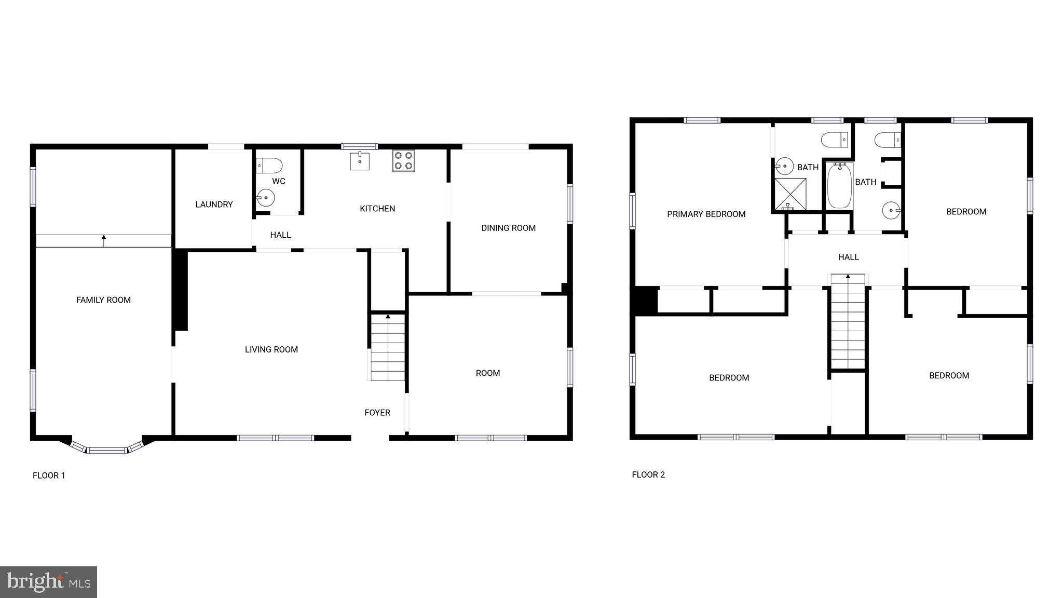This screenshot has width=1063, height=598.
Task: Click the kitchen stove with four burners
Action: click(403, 160)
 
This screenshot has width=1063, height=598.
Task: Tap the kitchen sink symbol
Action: click(360, 161)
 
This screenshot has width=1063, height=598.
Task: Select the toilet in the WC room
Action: click(269, 166)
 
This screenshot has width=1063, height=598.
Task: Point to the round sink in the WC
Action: click(266, 198)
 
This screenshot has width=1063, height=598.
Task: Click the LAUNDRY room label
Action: click(214, 205)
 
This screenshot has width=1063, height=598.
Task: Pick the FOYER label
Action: click(377, 413)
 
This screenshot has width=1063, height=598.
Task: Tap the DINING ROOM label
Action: click(508, 228)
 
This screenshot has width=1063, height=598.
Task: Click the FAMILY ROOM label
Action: click(103, 300)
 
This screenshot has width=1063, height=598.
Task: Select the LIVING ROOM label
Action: click(271, 350)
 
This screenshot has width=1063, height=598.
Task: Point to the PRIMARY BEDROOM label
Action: click(706, 214)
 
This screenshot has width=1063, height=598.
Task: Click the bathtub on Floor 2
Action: click(839, 186)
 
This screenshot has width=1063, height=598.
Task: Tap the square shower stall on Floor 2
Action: click(790, 194)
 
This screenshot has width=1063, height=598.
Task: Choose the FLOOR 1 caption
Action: click(49, 475)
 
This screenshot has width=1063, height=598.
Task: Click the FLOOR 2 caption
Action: click(648, 474)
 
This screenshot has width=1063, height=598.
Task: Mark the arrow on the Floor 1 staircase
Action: click(388, 317)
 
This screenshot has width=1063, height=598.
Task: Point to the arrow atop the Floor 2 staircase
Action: click(848, 277)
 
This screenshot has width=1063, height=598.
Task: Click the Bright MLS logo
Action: click(48, 582)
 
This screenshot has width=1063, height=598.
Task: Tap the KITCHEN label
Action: click(377, 209)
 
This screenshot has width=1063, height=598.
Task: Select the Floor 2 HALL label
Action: click(848, 257)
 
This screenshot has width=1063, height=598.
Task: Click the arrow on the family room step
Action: click(104, 240)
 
